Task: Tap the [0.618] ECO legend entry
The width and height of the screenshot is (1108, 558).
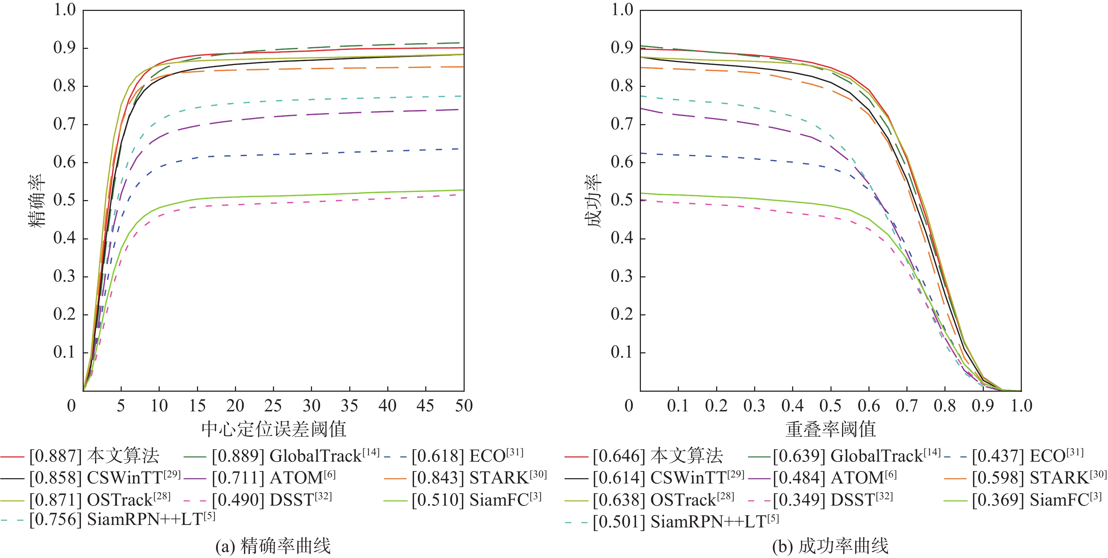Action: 467,456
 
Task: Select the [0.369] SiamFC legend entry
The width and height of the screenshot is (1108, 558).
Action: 1037,500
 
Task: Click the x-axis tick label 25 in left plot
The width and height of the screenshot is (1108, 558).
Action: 273,406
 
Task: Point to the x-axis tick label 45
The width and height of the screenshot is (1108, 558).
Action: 425,406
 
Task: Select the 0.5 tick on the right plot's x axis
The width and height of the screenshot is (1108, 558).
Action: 830,406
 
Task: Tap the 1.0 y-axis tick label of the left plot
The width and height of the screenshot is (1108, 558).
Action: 64,9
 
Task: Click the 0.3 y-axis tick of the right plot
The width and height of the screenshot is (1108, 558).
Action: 622,276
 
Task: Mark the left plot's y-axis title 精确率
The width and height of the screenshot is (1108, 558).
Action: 37,200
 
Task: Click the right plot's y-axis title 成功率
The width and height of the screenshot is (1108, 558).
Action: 594,200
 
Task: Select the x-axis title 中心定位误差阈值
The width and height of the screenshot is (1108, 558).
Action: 274,429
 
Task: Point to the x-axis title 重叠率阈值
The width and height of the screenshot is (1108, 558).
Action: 830,429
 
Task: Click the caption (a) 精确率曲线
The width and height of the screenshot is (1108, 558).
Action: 273,546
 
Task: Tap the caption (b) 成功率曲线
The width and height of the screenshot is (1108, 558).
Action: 830,546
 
